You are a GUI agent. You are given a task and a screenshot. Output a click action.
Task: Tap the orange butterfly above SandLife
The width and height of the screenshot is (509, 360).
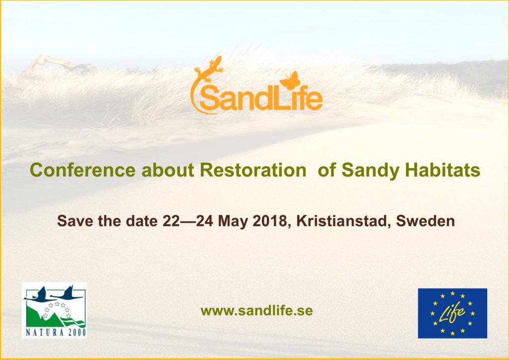[290, 81]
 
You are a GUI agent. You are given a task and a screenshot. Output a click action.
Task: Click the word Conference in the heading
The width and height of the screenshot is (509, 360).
[83, 170]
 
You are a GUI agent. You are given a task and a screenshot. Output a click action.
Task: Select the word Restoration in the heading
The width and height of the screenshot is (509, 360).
[253, 170]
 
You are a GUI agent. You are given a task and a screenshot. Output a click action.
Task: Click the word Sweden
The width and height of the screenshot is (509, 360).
[425, 221]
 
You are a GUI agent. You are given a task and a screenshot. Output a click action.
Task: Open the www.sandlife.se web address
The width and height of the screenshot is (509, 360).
[257, 311]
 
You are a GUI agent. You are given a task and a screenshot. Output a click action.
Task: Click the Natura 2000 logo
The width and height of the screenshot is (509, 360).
[54, 310]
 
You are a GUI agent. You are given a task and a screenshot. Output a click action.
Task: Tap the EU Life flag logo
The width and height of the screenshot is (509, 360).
[452, 313]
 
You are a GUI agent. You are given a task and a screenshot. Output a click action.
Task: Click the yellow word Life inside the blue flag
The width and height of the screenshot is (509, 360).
[452, 314]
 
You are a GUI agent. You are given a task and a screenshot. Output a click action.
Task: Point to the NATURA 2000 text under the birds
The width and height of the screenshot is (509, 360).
[56, 333]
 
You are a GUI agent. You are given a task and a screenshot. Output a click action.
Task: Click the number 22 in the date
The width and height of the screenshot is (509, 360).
[171, 221]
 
